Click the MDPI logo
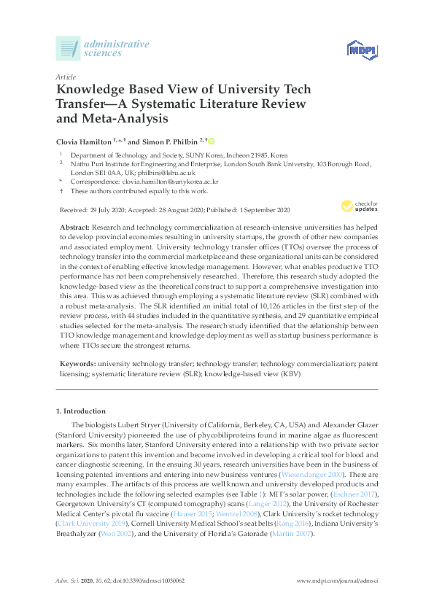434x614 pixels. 361,50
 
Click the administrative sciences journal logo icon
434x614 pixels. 68,49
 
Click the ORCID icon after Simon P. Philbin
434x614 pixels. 212,141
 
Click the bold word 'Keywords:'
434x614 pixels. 77,362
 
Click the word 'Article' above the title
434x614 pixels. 66,76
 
